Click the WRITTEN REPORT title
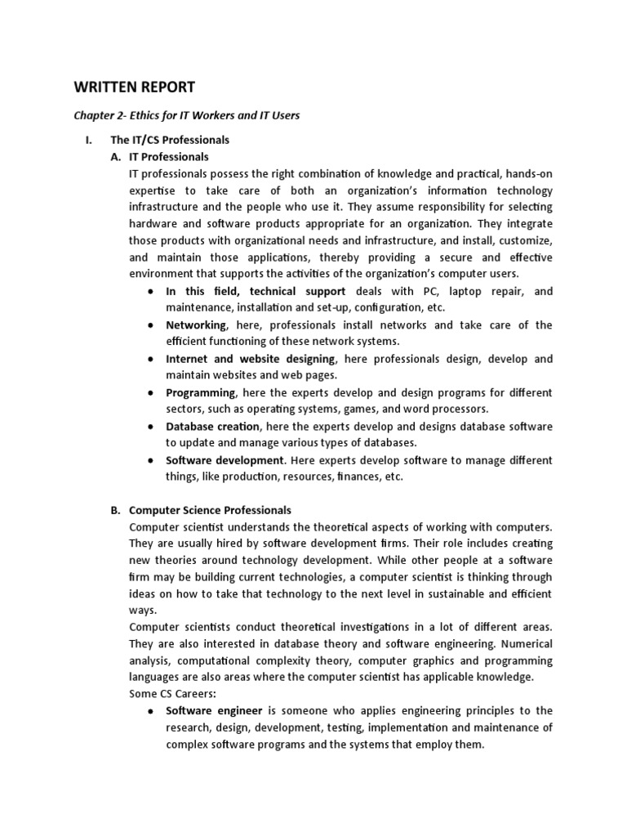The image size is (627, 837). click(135, 87)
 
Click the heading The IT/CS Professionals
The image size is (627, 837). click(170, 140)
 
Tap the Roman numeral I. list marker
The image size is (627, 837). click(90, 140)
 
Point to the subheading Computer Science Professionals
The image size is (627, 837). click(210, 510)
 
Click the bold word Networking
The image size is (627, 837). click(196, 325)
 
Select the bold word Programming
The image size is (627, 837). click(200, 392)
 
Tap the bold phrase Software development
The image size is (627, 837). click(225, 460)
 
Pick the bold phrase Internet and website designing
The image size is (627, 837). click(250, 359)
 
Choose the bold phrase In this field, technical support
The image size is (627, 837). click(256, 291)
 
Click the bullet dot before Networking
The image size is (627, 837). click(151, 325)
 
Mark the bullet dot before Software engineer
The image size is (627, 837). click(151, 711)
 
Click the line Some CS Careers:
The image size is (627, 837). click(170, 694)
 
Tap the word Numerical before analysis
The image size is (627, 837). click(527, 643)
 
